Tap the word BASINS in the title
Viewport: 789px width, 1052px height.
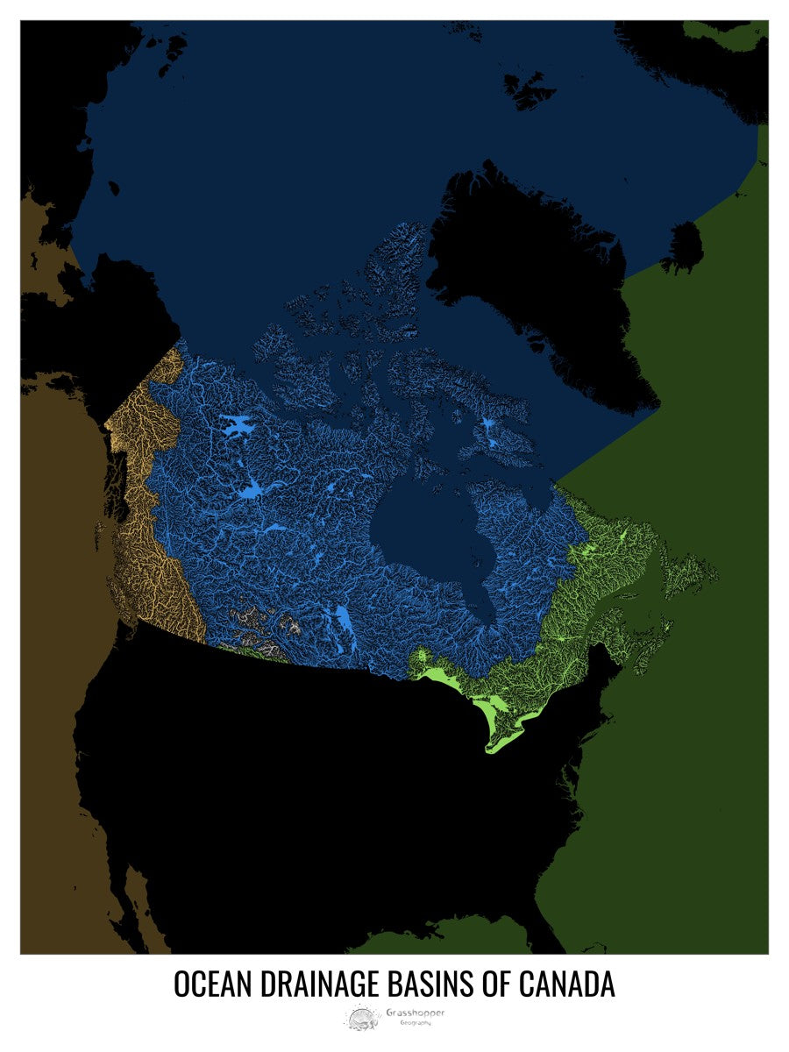tap(435, 984)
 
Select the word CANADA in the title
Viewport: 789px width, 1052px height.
tap(567, 984)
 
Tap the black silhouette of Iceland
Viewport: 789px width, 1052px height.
tap(682, 246)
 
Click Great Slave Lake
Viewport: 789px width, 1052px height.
tap(254, 491)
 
